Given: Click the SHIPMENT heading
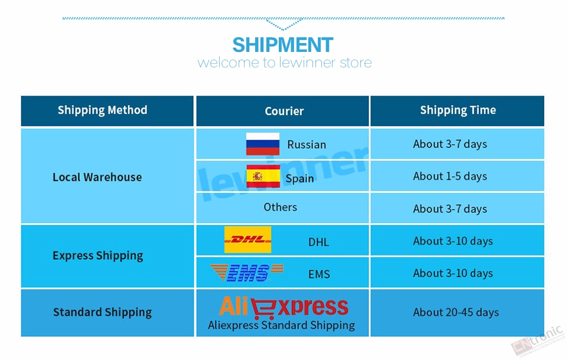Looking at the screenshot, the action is pos(283,45).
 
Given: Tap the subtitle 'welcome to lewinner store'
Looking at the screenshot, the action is pos(285,63).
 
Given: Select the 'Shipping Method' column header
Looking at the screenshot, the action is pos(103,110).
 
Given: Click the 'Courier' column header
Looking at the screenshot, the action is pos(284,111).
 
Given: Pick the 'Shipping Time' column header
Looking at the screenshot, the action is pos(458,110).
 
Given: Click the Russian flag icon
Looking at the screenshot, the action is pos(262,144).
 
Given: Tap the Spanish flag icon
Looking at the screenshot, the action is pos(263,176).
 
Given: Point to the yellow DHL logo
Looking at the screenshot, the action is pos(247,240).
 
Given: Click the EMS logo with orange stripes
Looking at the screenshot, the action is pos(247,273).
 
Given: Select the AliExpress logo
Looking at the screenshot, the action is pos(283,307).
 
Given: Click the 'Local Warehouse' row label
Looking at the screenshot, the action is pos(97,177).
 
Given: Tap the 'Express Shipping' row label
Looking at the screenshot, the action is pos(98,256).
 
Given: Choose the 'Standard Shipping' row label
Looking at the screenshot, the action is pos(102,312).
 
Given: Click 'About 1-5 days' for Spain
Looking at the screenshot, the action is pos(450,176).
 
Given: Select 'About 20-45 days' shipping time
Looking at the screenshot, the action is pos(456,312).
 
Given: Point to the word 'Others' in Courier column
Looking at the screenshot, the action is pos(280,207).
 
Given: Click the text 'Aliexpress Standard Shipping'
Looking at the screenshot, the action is pos(281,325).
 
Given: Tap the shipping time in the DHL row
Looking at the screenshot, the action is pos(453,241).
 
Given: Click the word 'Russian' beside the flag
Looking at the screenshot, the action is pos(307,145).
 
